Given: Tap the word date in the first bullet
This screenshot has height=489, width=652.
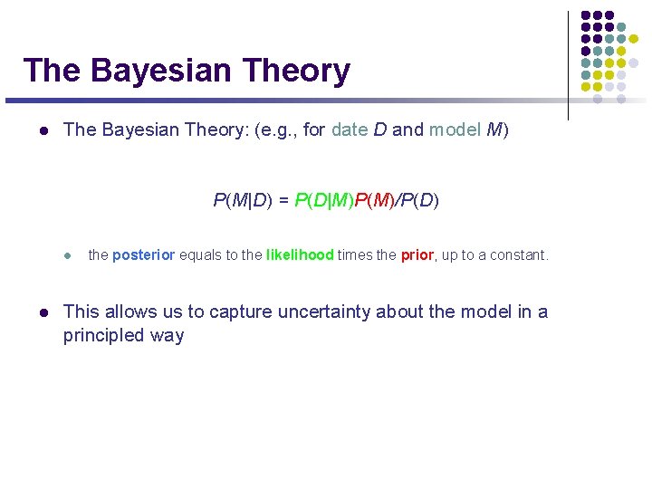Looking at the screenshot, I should point(350,129).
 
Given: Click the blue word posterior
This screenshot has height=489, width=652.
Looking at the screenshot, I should point(144,255).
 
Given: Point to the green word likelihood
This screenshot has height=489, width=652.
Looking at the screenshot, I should point(300,255).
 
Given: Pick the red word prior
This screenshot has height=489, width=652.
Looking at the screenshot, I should point(417,255).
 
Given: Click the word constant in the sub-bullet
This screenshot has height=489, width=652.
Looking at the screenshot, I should point(518,255).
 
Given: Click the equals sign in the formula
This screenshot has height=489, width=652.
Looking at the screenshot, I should point(284,200).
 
